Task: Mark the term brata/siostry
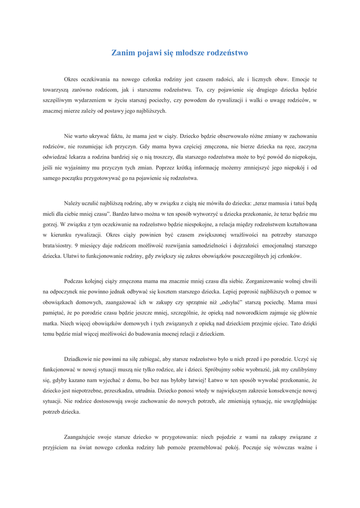point(57,246)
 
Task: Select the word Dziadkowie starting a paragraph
point(79,359)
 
